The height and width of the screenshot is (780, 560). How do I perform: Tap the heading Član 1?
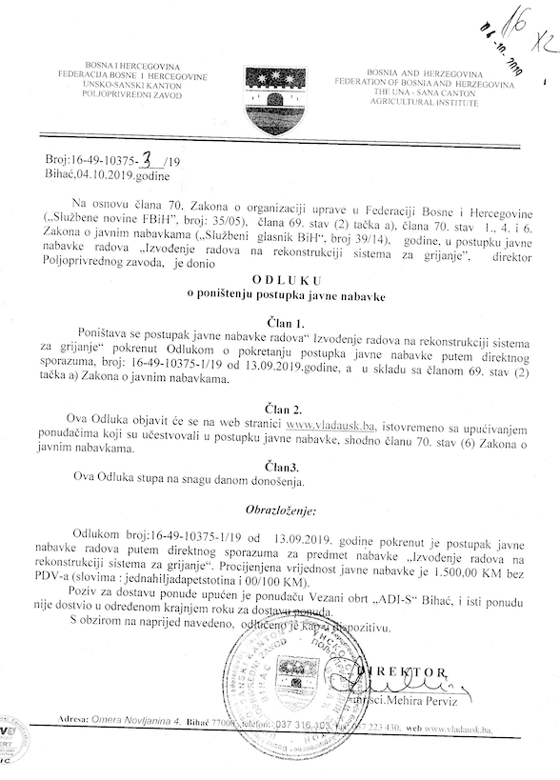coord(284,323)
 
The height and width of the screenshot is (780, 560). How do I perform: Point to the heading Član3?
coord(283,467)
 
